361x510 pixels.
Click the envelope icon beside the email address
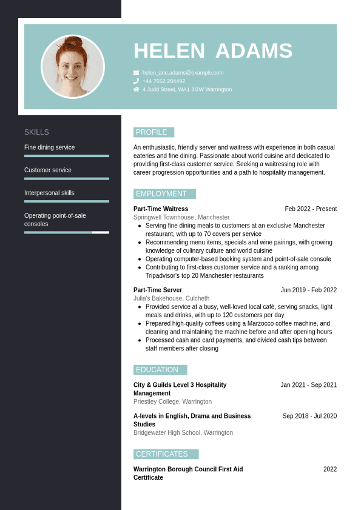[136, 73]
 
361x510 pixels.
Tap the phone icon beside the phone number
[136, 81]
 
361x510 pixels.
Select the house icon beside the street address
[136, 89]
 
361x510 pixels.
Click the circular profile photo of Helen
[73, 67]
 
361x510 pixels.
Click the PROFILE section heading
[152, 132]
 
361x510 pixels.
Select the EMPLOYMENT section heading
[161, 194]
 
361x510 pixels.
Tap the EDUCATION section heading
[157, 370]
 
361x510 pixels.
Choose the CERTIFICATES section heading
[162, 454]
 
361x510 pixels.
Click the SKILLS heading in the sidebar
[36, 132]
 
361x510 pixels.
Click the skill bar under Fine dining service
[67, 156]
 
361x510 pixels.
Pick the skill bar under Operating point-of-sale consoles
[67, 232]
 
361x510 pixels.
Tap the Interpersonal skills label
[49, 193]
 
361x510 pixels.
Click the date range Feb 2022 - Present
[311, 209]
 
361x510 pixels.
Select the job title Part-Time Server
[158, 290]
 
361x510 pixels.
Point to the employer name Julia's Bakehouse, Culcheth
[171, 298]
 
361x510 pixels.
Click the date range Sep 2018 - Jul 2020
[309, 416]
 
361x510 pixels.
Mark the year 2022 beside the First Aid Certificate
[330, 469]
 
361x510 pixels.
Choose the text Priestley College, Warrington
[172, 401]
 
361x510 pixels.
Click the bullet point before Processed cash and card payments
[140, 340]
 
